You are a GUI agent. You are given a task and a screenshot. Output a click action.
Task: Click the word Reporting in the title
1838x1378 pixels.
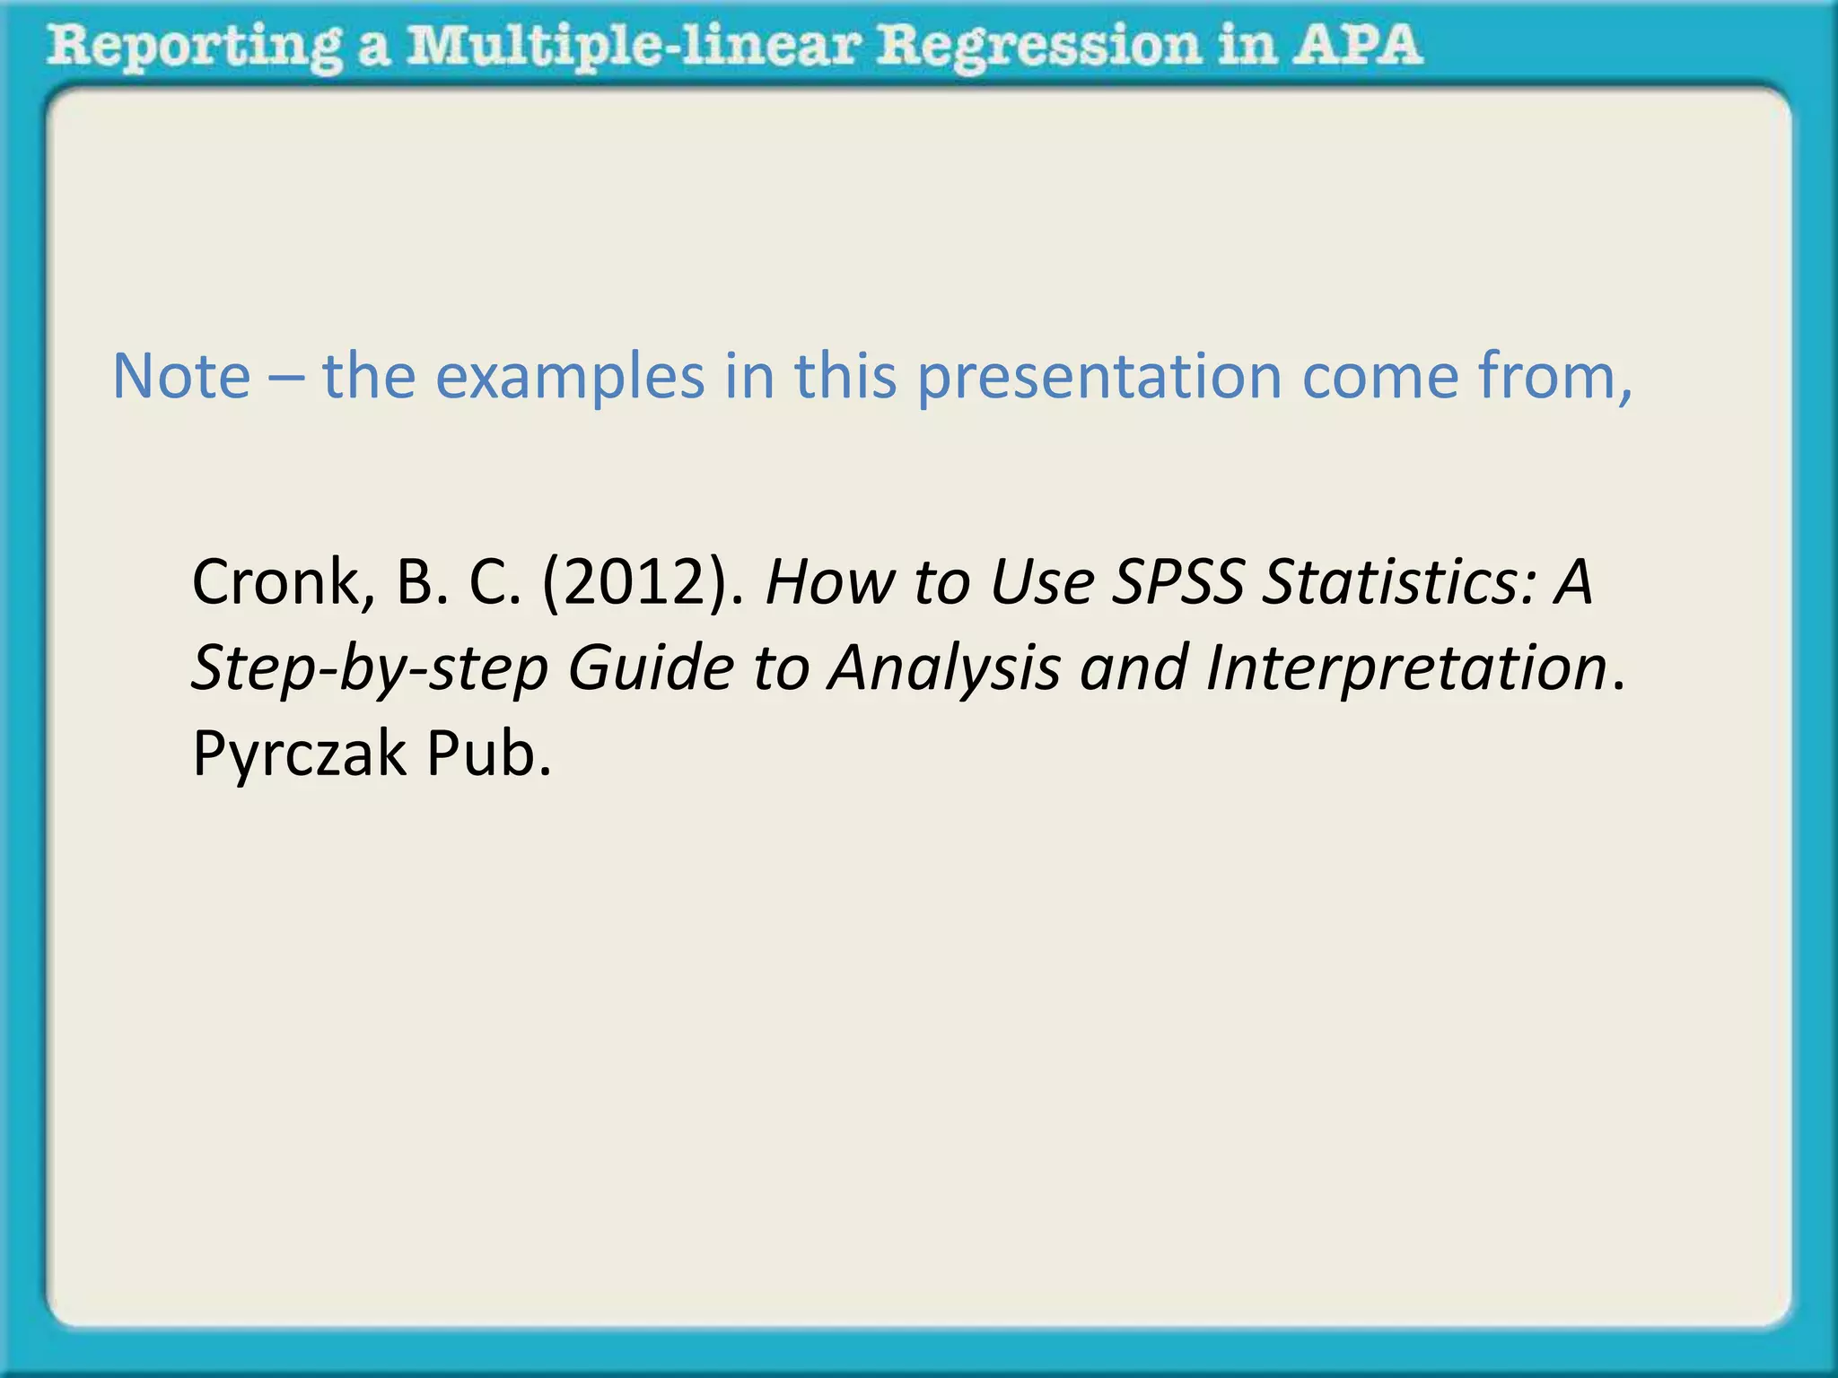194,47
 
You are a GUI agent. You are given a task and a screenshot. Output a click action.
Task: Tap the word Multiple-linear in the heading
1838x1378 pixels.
632,47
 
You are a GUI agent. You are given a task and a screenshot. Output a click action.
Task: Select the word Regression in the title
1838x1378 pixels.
1037,47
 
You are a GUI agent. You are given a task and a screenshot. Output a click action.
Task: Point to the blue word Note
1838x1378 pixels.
181,376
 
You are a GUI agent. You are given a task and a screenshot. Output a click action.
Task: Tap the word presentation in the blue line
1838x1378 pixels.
1098,376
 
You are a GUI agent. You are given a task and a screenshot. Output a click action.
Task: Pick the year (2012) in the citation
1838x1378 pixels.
643,582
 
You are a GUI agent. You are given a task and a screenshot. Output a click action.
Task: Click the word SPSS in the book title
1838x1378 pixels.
1177,582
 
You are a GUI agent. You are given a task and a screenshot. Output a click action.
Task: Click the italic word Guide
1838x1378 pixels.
651,668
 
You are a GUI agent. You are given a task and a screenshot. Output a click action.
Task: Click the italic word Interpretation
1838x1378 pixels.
1405,668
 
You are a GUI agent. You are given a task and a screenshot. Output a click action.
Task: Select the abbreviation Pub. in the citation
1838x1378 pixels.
488,754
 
